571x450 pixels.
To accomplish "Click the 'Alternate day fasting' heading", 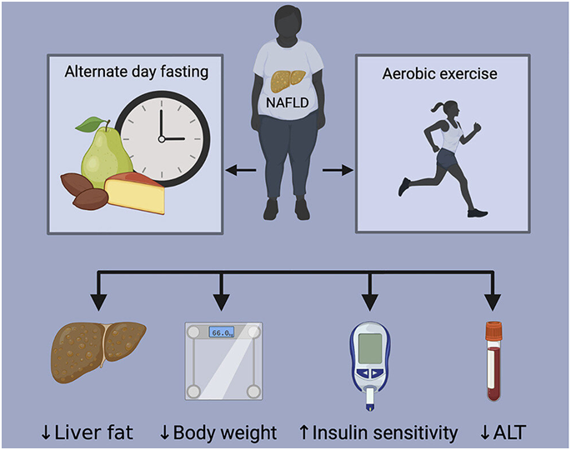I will pos(136,72).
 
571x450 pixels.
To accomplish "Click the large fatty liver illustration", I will pos(98,351).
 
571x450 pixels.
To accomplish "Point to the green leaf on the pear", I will pos(88,125).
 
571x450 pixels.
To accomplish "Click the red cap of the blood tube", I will pos(493,327).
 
